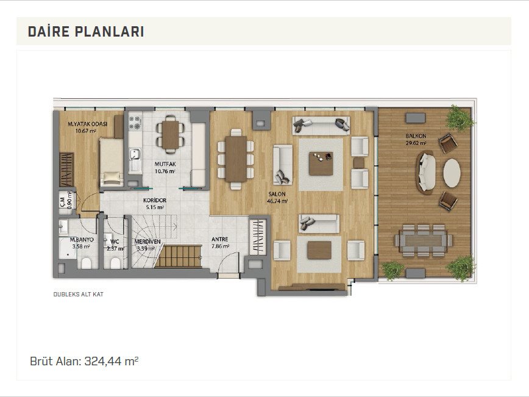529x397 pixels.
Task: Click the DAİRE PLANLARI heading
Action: coord(86,31)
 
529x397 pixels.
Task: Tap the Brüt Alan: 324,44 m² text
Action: coord(84,361)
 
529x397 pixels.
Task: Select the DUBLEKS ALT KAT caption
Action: coord(78,295)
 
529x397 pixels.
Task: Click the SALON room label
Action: coord(277,194)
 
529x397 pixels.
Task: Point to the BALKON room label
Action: coord(416,136)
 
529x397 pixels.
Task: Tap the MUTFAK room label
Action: coord(165,165)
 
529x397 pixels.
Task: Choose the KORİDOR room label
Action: coord(155,200)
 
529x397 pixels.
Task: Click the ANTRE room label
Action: coord(219,239)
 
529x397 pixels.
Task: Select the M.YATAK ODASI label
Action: coord(87,124)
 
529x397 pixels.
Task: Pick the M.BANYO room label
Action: coord(82,240)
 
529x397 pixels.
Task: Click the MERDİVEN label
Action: coord(147,241)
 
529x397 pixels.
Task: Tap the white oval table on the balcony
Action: coord(452,173)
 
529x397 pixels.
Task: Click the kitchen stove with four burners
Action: coord(135,123)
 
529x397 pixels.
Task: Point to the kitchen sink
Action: coord(135,155)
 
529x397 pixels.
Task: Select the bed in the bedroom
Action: coord(112,162)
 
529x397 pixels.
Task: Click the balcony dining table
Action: coord(424,241)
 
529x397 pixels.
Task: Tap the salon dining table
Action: coord(236,159)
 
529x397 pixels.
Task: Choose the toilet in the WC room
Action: coord(115,263)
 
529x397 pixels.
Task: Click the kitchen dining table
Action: coord(171,134)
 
